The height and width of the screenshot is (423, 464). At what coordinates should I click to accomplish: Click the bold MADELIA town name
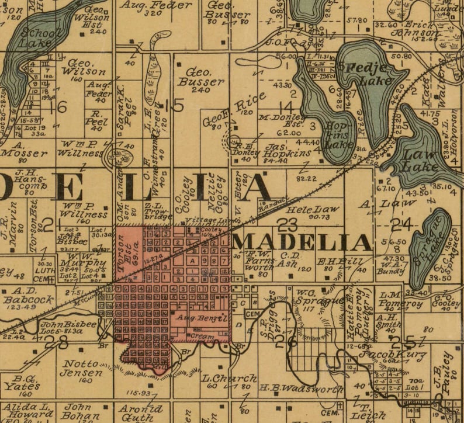(x=302, y=242)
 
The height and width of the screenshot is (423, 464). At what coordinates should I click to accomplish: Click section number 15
(x=174, y=105)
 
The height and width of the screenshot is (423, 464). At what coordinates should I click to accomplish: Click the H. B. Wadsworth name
(x=301, y=389)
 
